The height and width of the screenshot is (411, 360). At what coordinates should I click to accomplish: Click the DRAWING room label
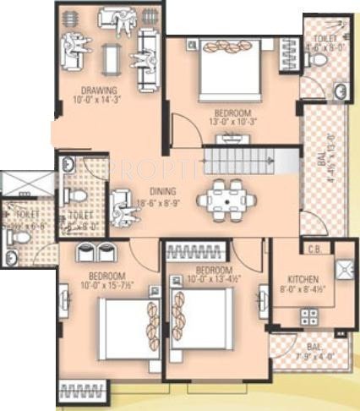(99, 90)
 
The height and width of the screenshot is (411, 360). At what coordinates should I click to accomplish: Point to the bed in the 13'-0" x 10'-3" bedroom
(232, 72)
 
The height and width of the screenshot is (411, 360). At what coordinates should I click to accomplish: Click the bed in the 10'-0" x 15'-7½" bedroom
(125, 326)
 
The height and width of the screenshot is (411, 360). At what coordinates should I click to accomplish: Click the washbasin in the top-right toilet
(340, 91)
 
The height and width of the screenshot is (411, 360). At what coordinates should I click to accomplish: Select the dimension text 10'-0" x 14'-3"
(99, 101)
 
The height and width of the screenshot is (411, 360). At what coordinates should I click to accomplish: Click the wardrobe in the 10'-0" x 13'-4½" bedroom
(194, 250)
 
